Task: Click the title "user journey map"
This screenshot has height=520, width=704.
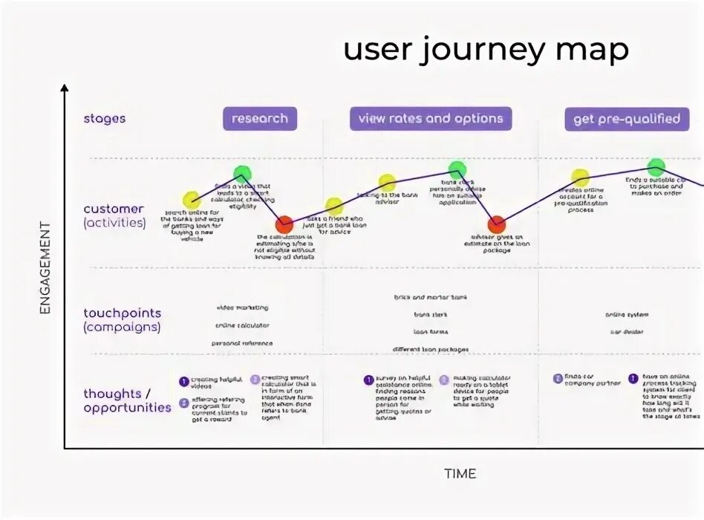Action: [x=486, y=50]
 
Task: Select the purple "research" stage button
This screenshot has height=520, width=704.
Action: [x=260, y=119]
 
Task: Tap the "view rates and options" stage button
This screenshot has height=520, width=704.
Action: [x=431, y=118]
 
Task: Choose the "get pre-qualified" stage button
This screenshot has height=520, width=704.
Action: [x=627, y=119]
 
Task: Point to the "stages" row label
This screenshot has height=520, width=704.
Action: [x=105, y=119]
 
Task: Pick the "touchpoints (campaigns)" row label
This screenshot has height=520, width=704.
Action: [x=122, y=320]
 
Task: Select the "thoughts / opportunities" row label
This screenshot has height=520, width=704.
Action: [x=127, y=400]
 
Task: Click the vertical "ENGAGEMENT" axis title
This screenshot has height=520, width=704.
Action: [x=45, y=267]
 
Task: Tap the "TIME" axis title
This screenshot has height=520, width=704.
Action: [x=460, y=473]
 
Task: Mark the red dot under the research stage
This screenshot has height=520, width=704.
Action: [x=284, y=224]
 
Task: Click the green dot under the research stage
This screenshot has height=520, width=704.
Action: [x=242, y=175]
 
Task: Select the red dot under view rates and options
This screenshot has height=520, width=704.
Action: [x=497, y=224]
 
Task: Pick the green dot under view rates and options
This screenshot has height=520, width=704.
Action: [x=457, y=169]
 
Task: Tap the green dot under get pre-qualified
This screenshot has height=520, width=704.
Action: [x=656, y=167]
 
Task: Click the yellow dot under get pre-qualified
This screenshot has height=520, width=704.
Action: [x=580, y=178]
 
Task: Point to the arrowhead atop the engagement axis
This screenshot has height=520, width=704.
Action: [x=65, y=88]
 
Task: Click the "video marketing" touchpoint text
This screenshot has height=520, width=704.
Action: [x=242, y=308]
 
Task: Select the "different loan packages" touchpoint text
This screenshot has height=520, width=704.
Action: [x=431, y=349]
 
